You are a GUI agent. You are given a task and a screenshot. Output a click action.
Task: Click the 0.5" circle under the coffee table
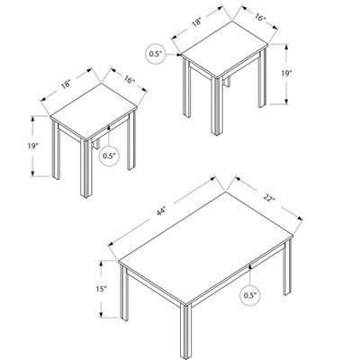tap(249, 293)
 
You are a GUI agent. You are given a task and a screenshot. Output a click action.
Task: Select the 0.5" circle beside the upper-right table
tap(157, 53)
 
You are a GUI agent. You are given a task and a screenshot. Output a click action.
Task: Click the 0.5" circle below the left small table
tap(110, 155)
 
